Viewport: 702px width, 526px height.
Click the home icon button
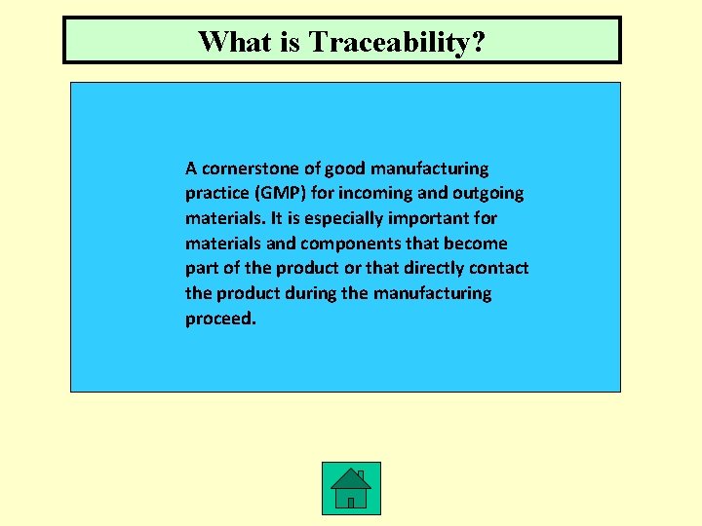[x=351, y=488]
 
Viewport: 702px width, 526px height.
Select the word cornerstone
[x=249, y=169]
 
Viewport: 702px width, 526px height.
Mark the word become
[x=477, y=244]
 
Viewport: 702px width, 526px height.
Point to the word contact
[x=500, y=268]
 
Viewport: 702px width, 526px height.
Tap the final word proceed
[x=220, y=319]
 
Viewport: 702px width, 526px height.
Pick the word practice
[x=217, y=194]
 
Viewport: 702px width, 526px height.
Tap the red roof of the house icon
[x=350, y=477]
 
